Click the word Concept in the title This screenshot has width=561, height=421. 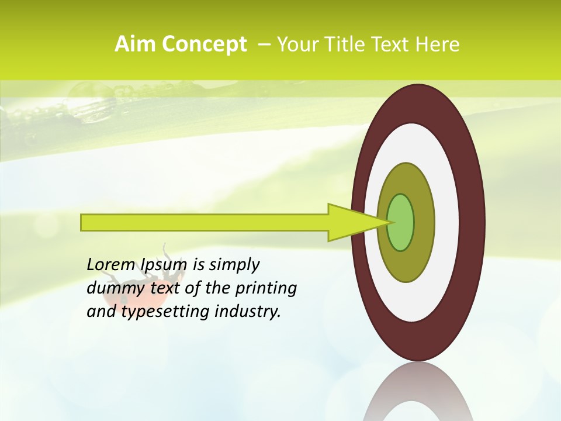point(203,44)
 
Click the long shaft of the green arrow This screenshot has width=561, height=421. point(205,222)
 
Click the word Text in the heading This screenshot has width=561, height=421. point(394,44)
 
